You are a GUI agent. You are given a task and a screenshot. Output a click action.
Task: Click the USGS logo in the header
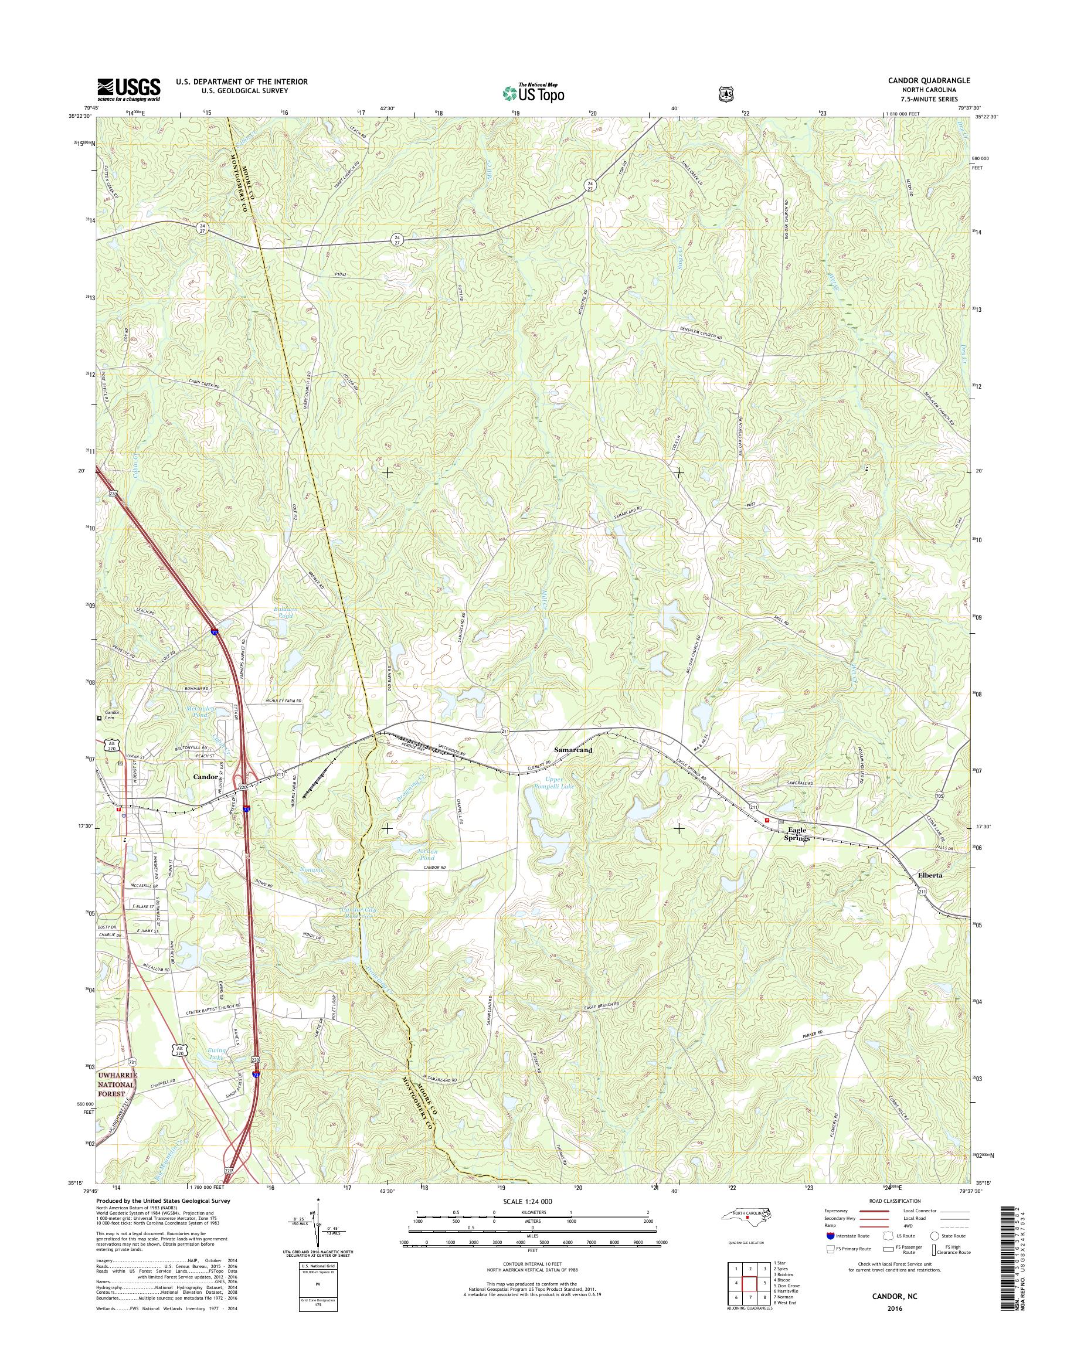coord(128,90)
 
